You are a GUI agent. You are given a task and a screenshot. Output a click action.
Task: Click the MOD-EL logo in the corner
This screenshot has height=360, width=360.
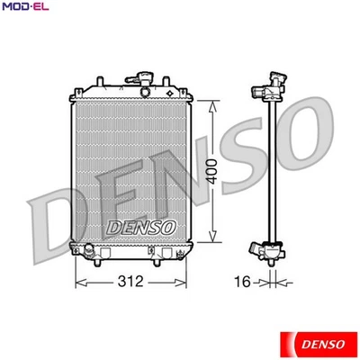pos(25,9)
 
